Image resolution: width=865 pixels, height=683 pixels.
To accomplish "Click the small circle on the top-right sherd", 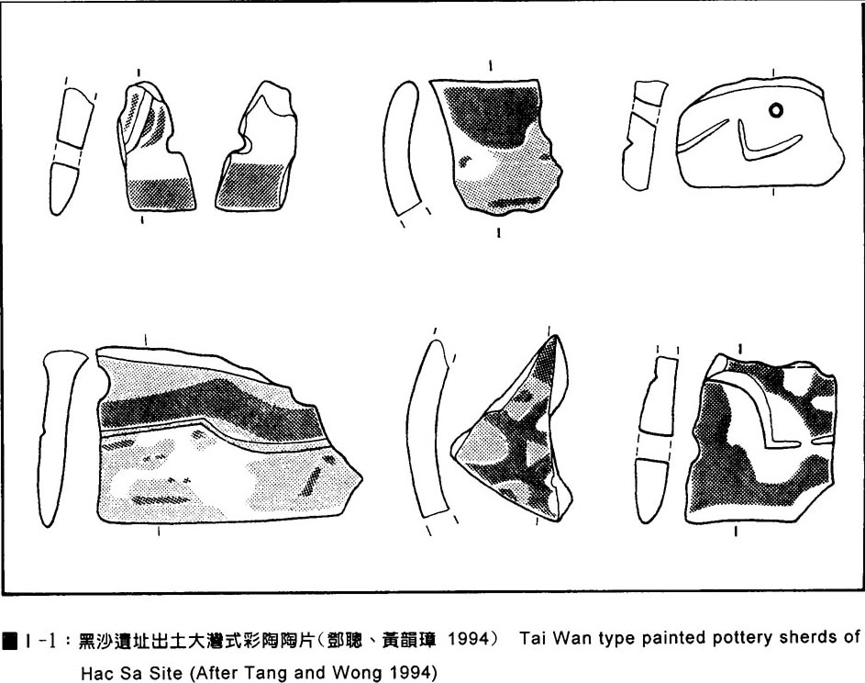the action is (x=776, y=110).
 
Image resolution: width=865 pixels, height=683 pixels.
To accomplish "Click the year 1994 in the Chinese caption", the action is (x=469, y=639).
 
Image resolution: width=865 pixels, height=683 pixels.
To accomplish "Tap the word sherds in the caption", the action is (x=809, y=638).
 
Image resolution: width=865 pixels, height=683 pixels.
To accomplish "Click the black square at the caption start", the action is (x=10, y=641).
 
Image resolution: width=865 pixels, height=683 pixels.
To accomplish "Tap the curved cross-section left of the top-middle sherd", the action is (x=401, y=148).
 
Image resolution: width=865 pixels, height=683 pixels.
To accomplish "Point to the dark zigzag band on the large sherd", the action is (x=210, y=409).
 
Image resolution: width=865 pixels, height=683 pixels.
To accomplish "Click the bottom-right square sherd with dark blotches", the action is (x=760, y=439).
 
